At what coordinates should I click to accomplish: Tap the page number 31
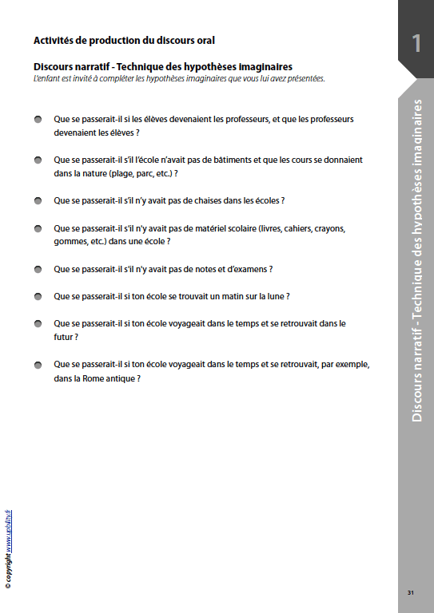point(410,592)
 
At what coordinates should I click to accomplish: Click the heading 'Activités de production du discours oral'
point(124,40)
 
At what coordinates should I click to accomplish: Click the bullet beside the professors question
point(38,119)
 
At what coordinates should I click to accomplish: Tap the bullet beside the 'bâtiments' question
point(38,160)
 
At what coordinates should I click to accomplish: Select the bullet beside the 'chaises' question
point(38,200)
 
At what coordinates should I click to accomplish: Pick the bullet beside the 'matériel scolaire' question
point(38,227)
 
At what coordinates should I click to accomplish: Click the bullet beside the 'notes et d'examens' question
point(38,269)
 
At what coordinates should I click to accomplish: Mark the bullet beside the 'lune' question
point(38,296)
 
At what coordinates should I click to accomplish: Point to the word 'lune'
point(274,296)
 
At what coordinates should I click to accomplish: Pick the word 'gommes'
point(69,241)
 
